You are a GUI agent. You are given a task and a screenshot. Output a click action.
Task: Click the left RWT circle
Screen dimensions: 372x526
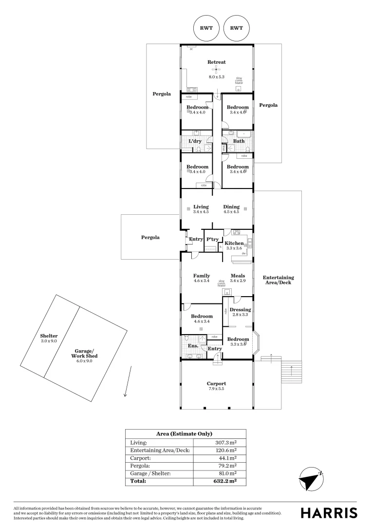click(x=206, y=28)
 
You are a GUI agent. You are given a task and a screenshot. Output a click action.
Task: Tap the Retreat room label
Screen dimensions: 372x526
click(x=217, y=62)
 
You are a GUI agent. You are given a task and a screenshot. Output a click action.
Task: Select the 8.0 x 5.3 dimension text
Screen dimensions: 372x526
click(x=217, y=77)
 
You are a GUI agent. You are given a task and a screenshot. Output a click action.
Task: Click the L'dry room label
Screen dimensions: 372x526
click(x=195, y=141)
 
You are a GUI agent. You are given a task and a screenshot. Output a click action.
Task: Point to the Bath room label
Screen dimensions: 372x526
click(x=239, y=141)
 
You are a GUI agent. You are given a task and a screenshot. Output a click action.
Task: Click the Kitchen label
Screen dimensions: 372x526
click(x=234, y=243)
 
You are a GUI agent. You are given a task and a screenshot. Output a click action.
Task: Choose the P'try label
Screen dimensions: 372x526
click(x=212, y=239)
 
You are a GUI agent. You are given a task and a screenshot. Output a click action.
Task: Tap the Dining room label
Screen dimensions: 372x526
click(x=231, y=207)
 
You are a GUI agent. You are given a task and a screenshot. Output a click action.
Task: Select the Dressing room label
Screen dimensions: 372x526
click(x=240, y=310)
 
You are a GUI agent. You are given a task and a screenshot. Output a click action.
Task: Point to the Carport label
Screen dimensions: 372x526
click(x=217, y=384)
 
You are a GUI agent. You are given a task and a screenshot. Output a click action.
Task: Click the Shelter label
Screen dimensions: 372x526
click(x=49, y=336)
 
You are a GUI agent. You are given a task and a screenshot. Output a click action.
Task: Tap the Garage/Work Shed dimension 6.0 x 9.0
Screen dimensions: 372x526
click(x=82, y=361)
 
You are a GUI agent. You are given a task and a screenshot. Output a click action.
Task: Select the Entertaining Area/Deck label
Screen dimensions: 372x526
click(x=278, y=280)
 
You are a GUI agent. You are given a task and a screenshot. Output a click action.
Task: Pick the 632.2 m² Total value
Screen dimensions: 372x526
click(x=224, y=481)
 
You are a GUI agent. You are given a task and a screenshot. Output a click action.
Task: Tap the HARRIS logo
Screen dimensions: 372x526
click(x=329, y=512)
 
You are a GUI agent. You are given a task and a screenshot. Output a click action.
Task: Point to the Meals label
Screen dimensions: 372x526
click(x=238, y=276)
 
